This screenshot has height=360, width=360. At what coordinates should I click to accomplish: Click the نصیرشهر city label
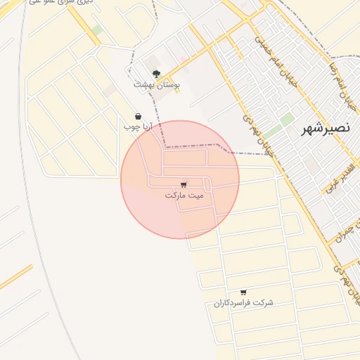326,129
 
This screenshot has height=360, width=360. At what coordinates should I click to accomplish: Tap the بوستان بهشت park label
157,84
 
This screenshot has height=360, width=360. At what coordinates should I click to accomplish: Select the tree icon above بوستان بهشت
156,72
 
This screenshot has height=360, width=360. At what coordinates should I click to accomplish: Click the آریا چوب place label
138,127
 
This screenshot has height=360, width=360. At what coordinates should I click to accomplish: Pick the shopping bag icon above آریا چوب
138,116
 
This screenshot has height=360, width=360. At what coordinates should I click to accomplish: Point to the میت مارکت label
184,195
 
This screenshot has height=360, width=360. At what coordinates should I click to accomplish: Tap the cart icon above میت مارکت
184,184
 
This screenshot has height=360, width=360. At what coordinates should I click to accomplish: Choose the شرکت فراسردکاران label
243,302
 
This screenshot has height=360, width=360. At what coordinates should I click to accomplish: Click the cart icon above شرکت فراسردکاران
243,292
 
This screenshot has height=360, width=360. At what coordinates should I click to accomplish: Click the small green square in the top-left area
97,30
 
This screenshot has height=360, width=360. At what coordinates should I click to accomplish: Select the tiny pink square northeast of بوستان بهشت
184,59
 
